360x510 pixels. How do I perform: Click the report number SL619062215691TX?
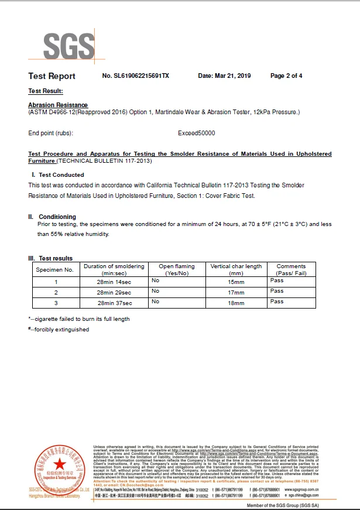(x=135, y=76)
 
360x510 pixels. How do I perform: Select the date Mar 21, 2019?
(x=224, y=76)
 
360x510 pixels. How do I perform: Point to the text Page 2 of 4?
(x=286, y=76)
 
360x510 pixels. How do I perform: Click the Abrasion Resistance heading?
(x=58, y=105)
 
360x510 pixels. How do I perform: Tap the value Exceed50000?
(x=196, y=134)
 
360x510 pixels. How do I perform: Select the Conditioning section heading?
(x=57, y=217)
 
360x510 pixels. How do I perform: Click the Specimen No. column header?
(x=55, y=270)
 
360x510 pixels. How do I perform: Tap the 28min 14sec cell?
(x=114, y=282)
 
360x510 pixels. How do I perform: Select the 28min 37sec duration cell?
(x=114, y=303)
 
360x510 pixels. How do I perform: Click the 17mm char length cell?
(x=236, y=292)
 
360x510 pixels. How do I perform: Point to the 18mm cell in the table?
(x=236, y=303)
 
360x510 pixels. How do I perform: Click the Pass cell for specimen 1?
(x=277, y=280)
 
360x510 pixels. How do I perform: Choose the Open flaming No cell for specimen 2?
(x=155, y=291)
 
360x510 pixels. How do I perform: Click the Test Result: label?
(x=46, y=91)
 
